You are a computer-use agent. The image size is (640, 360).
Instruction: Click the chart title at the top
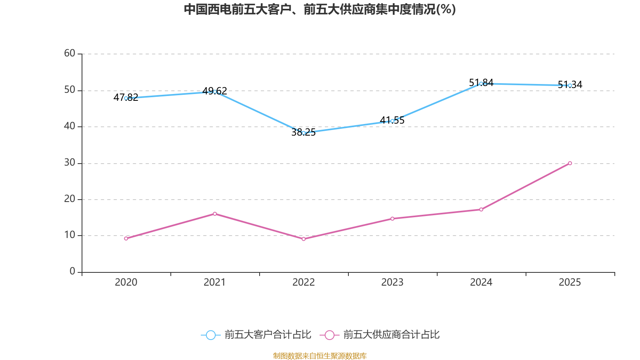pos(320,9)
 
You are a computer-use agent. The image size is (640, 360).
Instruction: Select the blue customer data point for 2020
pos(126,98)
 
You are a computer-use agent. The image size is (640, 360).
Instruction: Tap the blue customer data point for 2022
pos(304,133)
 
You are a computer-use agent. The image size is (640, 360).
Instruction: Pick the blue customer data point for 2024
pos(481,84)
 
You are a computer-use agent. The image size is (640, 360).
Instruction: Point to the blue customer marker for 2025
pos(570,85)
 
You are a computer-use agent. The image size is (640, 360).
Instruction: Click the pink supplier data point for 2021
pos(215,214)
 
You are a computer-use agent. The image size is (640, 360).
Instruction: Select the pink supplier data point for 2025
pos(570,163)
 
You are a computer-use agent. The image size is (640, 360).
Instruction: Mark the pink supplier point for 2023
pos(392,218)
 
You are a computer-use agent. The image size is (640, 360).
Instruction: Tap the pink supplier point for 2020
pos(126,238)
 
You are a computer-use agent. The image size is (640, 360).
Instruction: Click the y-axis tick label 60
pos(70,53)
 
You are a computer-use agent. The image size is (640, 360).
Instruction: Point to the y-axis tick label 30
pos(70,162)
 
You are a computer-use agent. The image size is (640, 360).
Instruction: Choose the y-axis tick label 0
pos(72,271)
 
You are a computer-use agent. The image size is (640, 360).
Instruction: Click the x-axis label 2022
pos(304,282)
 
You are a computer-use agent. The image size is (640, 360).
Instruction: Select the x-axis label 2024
pos(481,282)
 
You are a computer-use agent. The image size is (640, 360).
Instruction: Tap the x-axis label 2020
pos(126,282)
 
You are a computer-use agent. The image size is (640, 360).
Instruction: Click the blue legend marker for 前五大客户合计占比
pos(210,335)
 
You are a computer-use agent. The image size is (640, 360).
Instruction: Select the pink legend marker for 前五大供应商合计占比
pos(329,335)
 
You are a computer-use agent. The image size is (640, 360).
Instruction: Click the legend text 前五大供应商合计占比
pos(391,335)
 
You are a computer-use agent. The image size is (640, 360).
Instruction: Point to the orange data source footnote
pos(320,356)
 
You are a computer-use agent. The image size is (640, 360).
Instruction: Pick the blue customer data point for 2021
pos(215,92)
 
